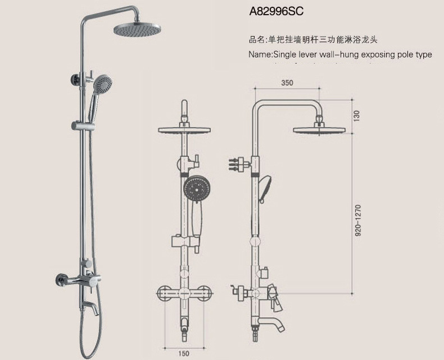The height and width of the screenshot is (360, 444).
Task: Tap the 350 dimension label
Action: click(287, 83)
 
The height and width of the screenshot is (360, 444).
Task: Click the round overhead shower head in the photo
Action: click(133, 29)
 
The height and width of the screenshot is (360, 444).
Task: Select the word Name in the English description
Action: click(260, 55)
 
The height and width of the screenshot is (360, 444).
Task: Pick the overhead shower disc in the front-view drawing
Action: click(184, 130)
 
